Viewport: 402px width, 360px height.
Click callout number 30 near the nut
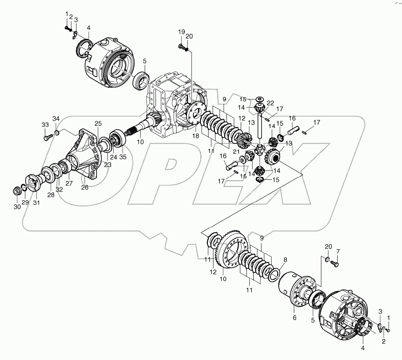click(x=16, y=207)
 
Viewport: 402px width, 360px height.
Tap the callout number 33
click(x=45, y=125)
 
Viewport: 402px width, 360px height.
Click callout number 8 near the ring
click(x=285, y=260)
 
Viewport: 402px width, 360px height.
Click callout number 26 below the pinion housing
click(x=85, y=187)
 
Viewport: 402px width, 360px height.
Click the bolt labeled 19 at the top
click(x=181, y=48)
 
